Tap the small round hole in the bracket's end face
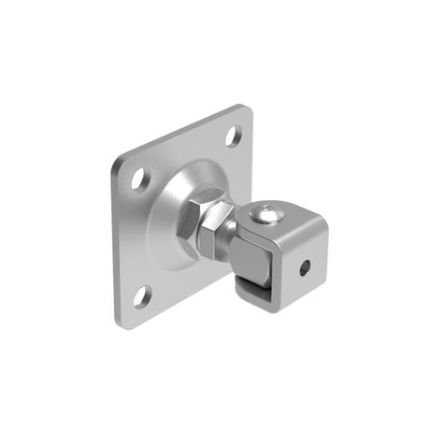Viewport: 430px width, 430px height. pos(305,267)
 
